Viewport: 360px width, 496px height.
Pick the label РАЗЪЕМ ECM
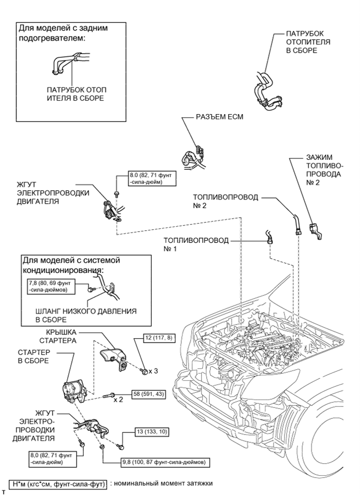tap(218, 117)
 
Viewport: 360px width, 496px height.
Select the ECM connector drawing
tap(194, 153)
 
